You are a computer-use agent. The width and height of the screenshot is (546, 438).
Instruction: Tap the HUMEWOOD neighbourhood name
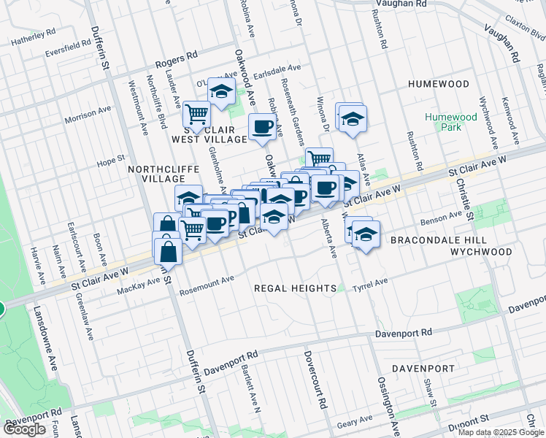(438, 84)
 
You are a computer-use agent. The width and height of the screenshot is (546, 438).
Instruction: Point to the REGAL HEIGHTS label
(295, 288)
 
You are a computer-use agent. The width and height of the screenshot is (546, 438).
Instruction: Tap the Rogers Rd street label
(181, 55)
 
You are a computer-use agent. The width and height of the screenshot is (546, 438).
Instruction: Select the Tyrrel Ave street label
(370, 283)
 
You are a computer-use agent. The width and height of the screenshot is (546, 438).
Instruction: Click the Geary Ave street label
(355, 423)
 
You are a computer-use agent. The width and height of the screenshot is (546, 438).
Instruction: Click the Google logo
(24, 429)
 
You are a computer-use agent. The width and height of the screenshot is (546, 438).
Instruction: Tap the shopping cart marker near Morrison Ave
(196, 114)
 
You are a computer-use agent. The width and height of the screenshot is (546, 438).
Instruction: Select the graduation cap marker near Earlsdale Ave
(221, 91)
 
